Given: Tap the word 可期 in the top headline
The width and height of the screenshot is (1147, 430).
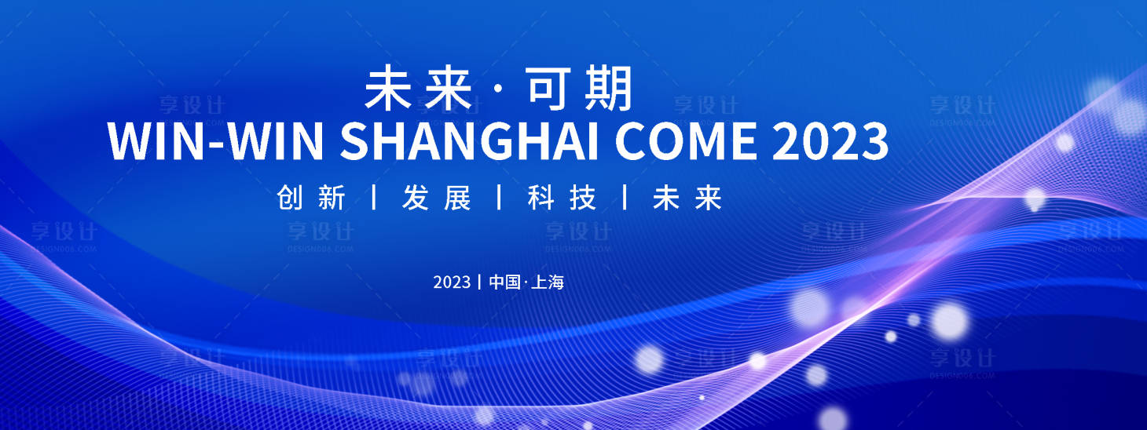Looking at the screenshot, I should pos(580,88).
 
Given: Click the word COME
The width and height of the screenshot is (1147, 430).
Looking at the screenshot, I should pos(687,141).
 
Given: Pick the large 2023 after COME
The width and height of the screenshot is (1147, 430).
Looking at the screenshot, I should pos(830,141).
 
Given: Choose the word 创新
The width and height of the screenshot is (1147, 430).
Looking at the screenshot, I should pos(312,199).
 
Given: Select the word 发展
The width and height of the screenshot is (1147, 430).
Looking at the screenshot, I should pos(437,199).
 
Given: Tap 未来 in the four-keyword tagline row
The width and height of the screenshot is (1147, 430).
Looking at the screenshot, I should pos(687,199).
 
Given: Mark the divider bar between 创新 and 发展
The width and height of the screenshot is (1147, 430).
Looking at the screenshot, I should pos(374,198).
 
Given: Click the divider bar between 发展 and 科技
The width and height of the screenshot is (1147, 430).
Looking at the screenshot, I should pos(500,198).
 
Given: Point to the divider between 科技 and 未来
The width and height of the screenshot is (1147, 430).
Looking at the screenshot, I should pos(625,198).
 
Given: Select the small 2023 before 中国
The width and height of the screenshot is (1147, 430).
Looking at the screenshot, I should pos(452,282).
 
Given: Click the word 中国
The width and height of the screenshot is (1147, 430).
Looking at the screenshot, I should pos(504,282).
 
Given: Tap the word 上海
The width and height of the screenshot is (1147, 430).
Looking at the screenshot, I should pos(548,282).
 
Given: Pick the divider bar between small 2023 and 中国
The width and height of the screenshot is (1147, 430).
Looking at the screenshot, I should pos(479,282).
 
